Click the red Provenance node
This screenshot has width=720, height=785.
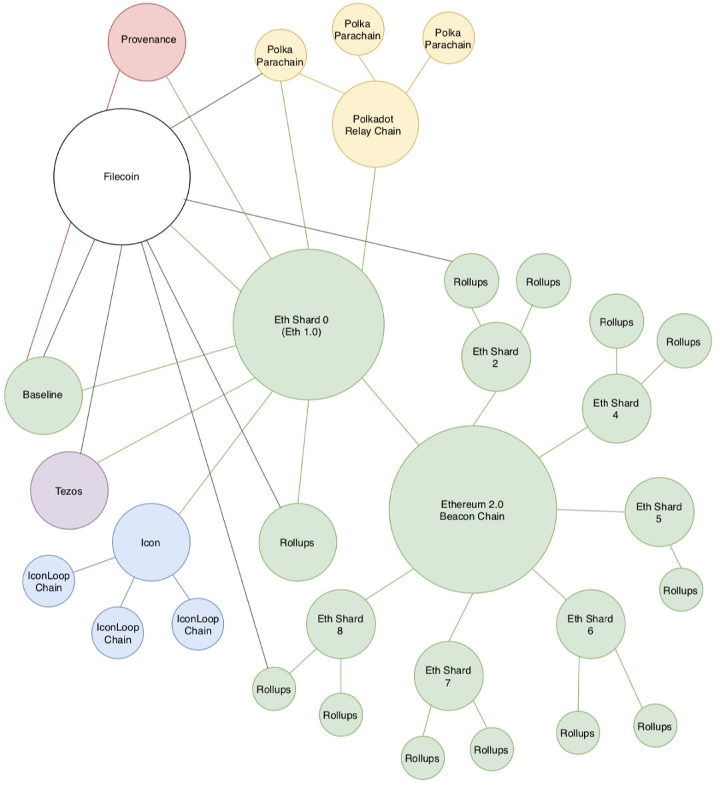click(147, 41)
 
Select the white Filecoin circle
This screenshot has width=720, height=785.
click(122, 177)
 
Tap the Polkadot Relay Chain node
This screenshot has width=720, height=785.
click(375, 124)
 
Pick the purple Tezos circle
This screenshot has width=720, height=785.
click(69, 491)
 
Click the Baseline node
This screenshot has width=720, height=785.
click(43, 395)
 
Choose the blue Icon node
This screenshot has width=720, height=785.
click(151, 542)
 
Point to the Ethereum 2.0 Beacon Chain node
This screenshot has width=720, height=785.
click(473, 510)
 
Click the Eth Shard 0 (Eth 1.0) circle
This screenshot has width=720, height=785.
click(309, 324)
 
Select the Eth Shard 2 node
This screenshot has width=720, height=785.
click(496, 356)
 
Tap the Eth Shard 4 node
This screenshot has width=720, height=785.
click(617, 409)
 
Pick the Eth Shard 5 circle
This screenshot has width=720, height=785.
click(659, 512)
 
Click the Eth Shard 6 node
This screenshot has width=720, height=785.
click(591, 624)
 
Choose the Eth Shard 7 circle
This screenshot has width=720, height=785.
click(449, 676)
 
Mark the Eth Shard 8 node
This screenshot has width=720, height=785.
click(341, 624)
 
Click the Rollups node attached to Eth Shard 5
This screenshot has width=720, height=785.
click(681, 590)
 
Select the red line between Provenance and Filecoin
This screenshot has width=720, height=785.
click(113, 90)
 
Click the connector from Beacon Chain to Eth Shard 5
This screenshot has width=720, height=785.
click(591, 511)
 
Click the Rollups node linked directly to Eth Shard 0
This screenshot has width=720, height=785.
click(298, 542)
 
